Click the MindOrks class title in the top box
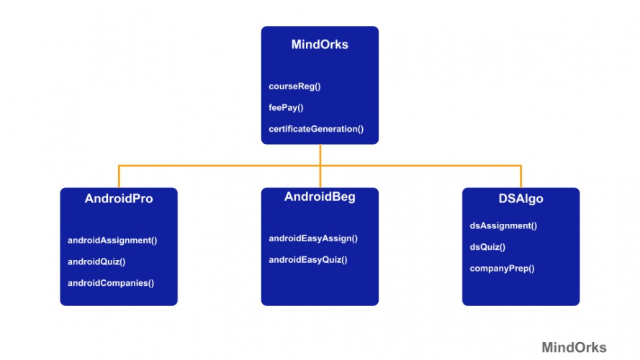pos(320,45)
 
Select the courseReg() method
pos(294,86)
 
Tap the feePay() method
pos(287,107)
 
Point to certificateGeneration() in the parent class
pos(316,129)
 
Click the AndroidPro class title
pos(119,199)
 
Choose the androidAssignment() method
pos(112,240)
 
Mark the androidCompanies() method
pos(111,283)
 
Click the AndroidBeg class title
pos(320,197)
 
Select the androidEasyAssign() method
pos(313,238)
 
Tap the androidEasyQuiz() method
pos(308,260)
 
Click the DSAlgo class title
pos(520,199)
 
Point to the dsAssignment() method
pos(503,225)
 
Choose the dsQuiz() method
pos(487,247)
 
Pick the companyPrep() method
pos(502,269)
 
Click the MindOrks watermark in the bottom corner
pos(574,346)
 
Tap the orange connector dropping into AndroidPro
pos(119,177)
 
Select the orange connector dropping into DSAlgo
pos(520,177)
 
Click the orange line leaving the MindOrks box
pos(320,154)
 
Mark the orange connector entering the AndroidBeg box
pos(320,179)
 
